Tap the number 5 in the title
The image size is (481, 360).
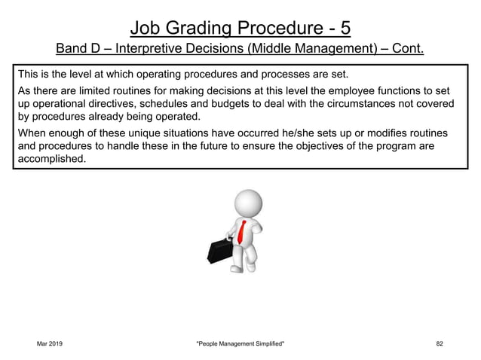coord(344,28)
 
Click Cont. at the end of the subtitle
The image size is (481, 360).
coord(406,50)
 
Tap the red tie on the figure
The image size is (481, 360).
coord(241,229)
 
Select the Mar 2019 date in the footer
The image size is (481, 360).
coord(50,343)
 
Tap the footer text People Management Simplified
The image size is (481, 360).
coord(240,343)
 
